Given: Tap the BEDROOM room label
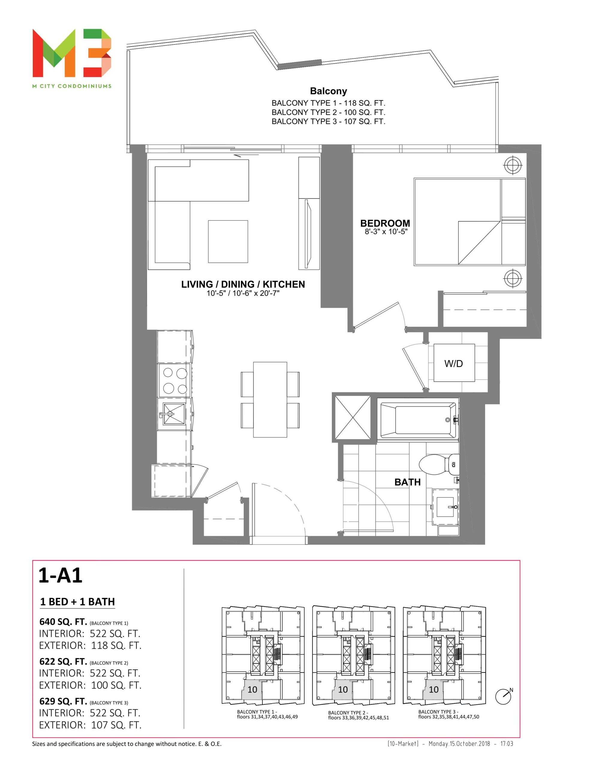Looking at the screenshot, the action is (385, 223).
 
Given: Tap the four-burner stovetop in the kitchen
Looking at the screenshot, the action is (175, 380).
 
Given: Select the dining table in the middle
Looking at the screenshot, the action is (270, 400).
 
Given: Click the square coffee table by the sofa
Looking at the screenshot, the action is (228, 241).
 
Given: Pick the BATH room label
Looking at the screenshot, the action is (407, 482).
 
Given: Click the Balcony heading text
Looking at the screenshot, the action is (328, 91).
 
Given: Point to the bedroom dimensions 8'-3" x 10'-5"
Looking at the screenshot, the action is (386, 232).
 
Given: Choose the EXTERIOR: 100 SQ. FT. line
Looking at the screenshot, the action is (90, 685).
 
